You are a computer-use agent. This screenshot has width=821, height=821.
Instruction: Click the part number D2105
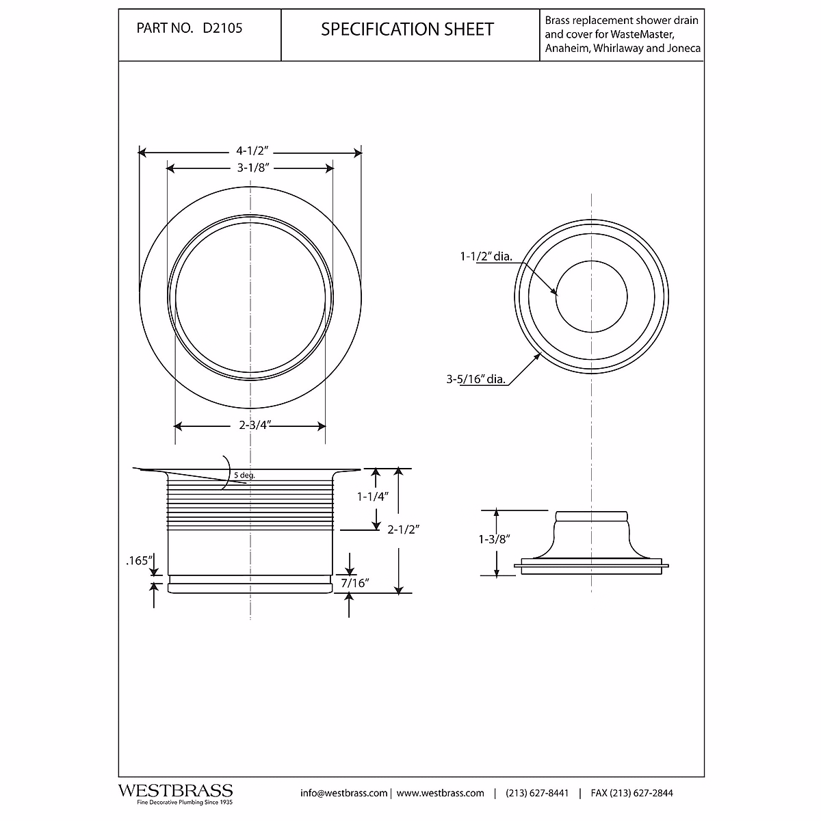(x=222, y=29)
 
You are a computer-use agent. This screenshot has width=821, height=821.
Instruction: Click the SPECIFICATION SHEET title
(x=407, y=29)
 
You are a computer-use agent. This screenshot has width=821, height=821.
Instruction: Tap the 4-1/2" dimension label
(x=250, y=151)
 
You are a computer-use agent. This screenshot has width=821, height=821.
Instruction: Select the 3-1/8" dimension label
(x=250, y=168)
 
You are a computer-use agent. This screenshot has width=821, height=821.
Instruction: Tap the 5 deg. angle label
(x=244, y=475)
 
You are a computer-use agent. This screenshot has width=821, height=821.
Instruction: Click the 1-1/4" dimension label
(x=372, y=497)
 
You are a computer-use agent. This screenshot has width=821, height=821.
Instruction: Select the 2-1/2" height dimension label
(x=402, y=529)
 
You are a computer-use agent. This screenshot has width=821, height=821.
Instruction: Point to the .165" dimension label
(x=138, y=561)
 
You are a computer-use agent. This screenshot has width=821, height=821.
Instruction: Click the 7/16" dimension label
(x=354, y=583)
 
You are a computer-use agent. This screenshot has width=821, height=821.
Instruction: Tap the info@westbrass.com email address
(x=344, y=793)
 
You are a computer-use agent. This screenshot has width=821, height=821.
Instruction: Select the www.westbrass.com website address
(x=440, y=793)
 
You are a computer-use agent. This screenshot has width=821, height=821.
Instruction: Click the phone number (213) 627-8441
(x=537, y=793)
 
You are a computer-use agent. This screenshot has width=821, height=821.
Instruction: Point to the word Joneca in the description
(x=681, y=49)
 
